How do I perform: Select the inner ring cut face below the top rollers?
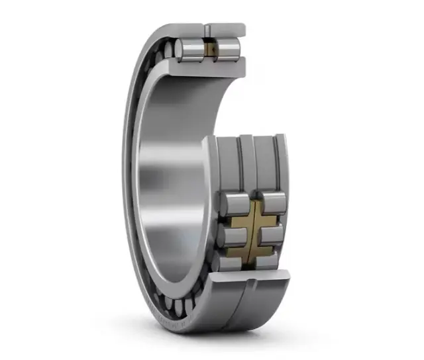click(x=211, y=65)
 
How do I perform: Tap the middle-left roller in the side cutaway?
click(x=233, y=235)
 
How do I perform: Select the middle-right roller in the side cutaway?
click(x=272, y=234)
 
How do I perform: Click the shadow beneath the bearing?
click(x=219, y=337)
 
